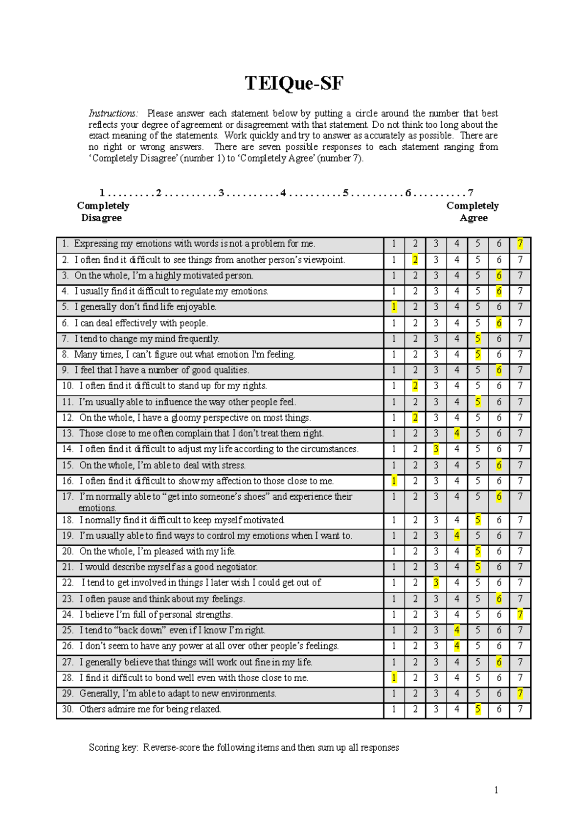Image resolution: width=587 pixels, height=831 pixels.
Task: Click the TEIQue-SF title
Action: coord(294,84)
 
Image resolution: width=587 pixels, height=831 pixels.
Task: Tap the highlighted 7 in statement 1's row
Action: coord(520,244)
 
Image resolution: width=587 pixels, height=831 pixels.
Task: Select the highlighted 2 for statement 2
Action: coord(415,260)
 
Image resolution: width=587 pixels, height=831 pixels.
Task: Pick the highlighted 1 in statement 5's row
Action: coord(394,307)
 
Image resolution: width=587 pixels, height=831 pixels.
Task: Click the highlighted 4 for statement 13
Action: coord(457,433)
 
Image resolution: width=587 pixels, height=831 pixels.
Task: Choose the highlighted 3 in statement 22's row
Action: coord(436,583)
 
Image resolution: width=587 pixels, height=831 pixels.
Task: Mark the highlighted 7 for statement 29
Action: coord(520,693)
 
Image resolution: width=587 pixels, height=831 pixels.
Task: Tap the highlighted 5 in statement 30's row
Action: coord(478,709)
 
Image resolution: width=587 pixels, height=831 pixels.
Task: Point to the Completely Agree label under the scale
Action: coord(473,211)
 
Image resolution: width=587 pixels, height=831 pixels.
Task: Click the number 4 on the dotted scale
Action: coord(283,193)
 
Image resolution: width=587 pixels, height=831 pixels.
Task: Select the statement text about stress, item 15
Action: coord(162,465)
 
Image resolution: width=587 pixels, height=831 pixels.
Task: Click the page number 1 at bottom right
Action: coord(496,790)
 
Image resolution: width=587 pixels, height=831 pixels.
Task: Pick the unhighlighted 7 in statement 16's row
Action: coord(520,481)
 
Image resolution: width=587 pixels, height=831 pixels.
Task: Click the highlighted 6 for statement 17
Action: coord(499,497)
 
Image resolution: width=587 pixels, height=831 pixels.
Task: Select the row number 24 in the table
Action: coord(68,615)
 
